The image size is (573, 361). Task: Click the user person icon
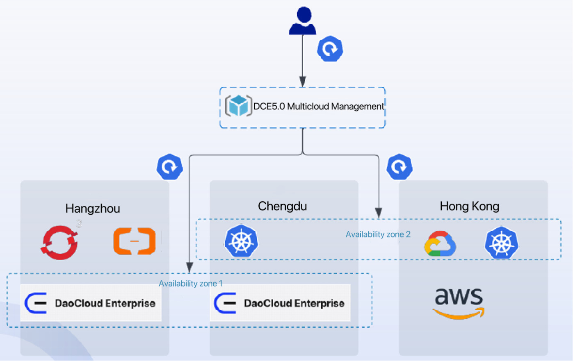click(x=303, y=21)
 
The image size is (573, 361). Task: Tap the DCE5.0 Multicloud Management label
click(x=319, y=107)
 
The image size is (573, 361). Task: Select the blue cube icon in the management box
click(x=238, y=106)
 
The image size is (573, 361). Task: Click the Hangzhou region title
click(x=93, y=209)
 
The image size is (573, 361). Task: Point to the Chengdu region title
click(x=282, y=206)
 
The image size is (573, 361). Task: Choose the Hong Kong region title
click(x=469, y=206)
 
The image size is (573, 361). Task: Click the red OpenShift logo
click(x=59, y=242)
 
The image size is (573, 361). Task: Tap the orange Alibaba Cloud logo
click(x=135, y=241)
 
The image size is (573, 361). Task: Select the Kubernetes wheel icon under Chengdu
click(x=241, y=241)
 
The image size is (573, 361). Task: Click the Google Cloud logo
click(x=440, y=243)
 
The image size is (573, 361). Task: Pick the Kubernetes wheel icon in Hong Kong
click(x=502, y=243)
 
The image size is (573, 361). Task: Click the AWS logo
click(x=459, y=302)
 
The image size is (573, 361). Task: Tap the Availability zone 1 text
click(x=191, y=284)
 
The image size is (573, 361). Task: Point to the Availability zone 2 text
click(x=378, y=234)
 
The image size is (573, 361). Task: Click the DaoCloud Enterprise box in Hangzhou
click(x=91, y=303)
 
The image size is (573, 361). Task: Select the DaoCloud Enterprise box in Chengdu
click(x=280, y=303)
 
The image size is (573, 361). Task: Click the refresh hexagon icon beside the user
click(x=330, y=49)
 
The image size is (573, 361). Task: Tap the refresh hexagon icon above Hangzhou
click(x=170, y=167)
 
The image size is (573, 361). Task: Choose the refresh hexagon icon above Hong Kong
click(x=400, y=167)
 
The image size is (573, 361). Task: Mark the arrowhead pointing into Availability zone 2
click(x=379, y=213)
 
